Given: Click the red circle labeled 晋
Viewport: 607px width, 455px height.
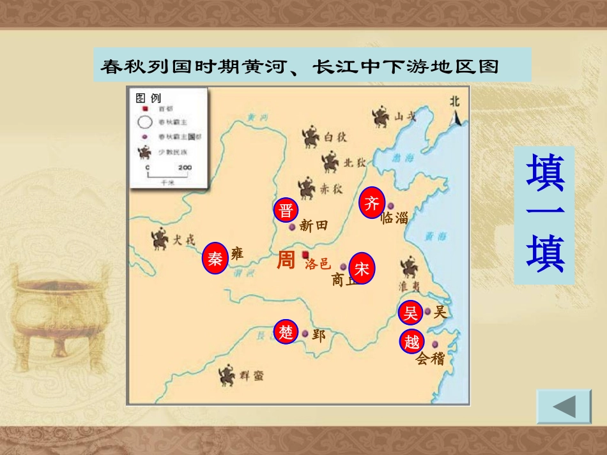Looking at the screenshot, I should pyautogui.click(x=286, y=211).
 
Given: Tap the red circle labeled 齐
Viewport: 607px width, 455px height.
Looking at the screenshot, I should pyautogui.click(x=372, y=203).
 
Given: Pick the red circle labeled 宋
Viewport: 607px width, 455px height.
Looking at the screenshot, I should pyautogui.click(x=362, y=269).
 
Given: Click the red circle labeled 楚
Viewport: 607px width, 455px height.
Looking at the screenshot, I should pyautogui.click(x=286, y=332).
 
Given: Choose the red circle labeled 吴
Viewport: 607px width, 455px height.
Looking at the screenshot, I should pyautogui.click(x=410, y=313).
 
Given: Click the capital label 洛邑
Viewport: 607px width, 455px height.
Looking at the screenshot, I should pyautogui.click(x=318, y=264).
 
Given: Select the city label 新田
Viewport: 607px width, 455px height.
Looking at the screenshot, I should pyautogui.click(x=313, y=226).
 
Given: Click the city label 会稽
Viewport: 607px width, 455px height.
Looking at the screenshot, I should pyautogui.click(x=430, y=359).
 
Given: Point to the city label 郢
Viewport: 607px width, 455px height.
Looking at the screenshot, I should pyautogui.click(x=318, y=334).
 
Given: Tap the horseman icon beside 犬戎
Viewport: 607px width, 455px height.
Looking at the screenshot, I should pyautogui.click(x=160, y=239).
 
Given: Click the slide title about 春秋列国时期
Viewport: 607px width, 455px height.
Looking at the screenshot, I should pyautogui.click(x=299, y=66).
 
